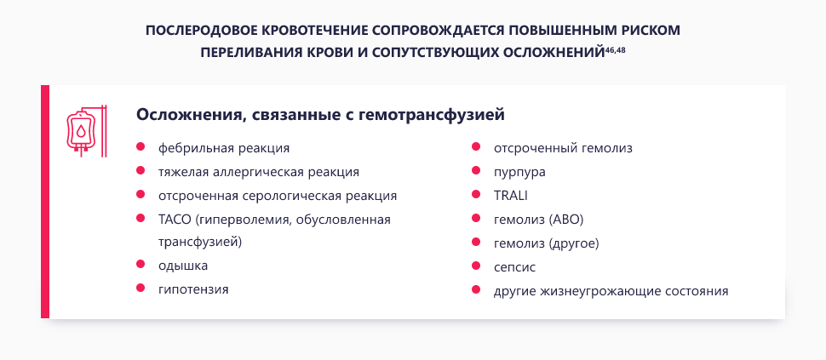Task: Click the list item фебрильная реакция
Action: tap(224, 148)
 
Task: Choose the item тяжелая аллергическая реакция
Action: tap(259, 172)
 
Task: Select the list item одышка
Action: tap(183, 266)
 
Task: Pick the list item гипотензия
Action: tap(193, 289)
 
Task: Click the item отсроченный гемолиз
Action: tap(563, 148)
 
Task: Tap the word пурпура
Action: tap(519, 172)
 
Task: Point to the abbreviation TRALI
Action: tap(511, 196)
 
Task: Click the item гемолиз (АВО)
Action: tap(538, 220)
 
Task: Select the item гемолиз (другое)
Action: tap(547, 243)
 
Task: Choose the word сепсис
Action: tap(514, 267)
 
